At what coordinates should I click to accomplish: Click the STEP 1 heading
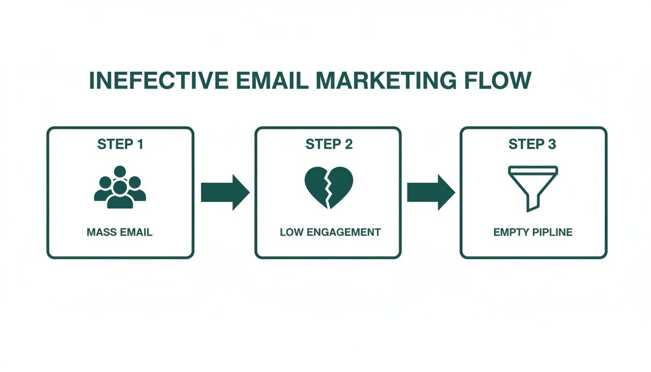coord(120,144)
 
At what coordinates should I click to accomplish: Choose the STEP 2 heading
coord(328,144)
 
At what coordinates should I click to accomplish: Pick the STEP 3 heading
coord(532,144)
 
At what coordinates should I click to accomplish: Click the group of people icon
coord(120,187)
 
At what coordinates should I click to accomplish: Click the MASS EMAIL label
coord(120,232)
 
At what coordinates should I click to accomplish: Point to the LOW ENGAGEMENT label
coord(330,232)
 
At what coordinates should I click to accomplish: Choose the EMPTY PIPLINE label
coord(533,232)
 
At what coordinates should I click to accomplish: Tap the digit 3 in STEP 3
coord(551,144)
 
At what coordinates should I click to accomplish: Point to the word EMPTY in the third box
coord(510,232)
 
